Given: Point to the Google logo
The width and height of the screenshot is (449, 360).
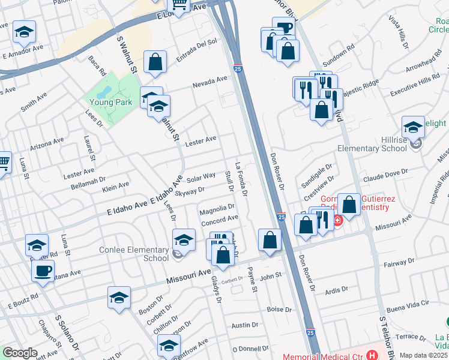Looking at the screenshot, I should (20, 353).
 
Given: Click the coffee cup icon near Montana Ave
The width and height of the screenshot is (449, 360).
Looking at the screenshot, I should (43, 271).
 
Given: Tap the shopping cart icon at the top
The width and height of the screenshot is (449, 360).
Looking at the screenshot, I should (178, 5).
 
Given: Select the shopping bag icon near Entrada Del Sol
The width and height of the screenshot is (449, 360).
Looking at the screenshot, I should (155, 62).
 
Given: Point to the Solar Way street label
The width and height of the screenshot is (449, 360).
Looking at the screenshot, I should (200, 178).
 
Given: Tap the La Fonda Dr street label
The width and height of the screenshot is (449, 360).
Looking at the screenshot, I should (241, 179).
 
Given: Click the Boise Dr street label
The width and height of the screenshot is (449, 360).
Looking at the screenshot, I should (279, 310).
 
